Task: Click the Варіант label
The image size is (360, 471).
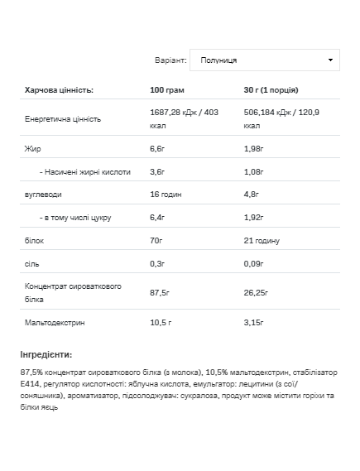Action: pos(171,60)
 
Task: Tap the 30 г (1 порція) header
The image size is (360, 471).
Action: pos(271,89)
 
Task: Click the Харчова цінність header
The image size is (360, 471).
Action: pos(59,89)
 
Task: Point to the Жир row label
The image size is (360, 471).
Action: pos(33,148)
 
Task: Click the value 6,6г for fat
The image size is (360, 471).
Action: pos(157,148)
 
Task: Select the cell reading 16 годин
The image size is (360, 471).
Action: pos(166,194)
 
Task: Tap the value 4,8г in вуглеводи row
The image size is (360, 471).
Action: pos(252,194)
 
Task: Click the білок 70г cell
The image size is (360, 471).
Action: pos(156,240)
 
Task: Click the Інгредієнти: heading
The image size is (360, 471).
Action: pos(47,354)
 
